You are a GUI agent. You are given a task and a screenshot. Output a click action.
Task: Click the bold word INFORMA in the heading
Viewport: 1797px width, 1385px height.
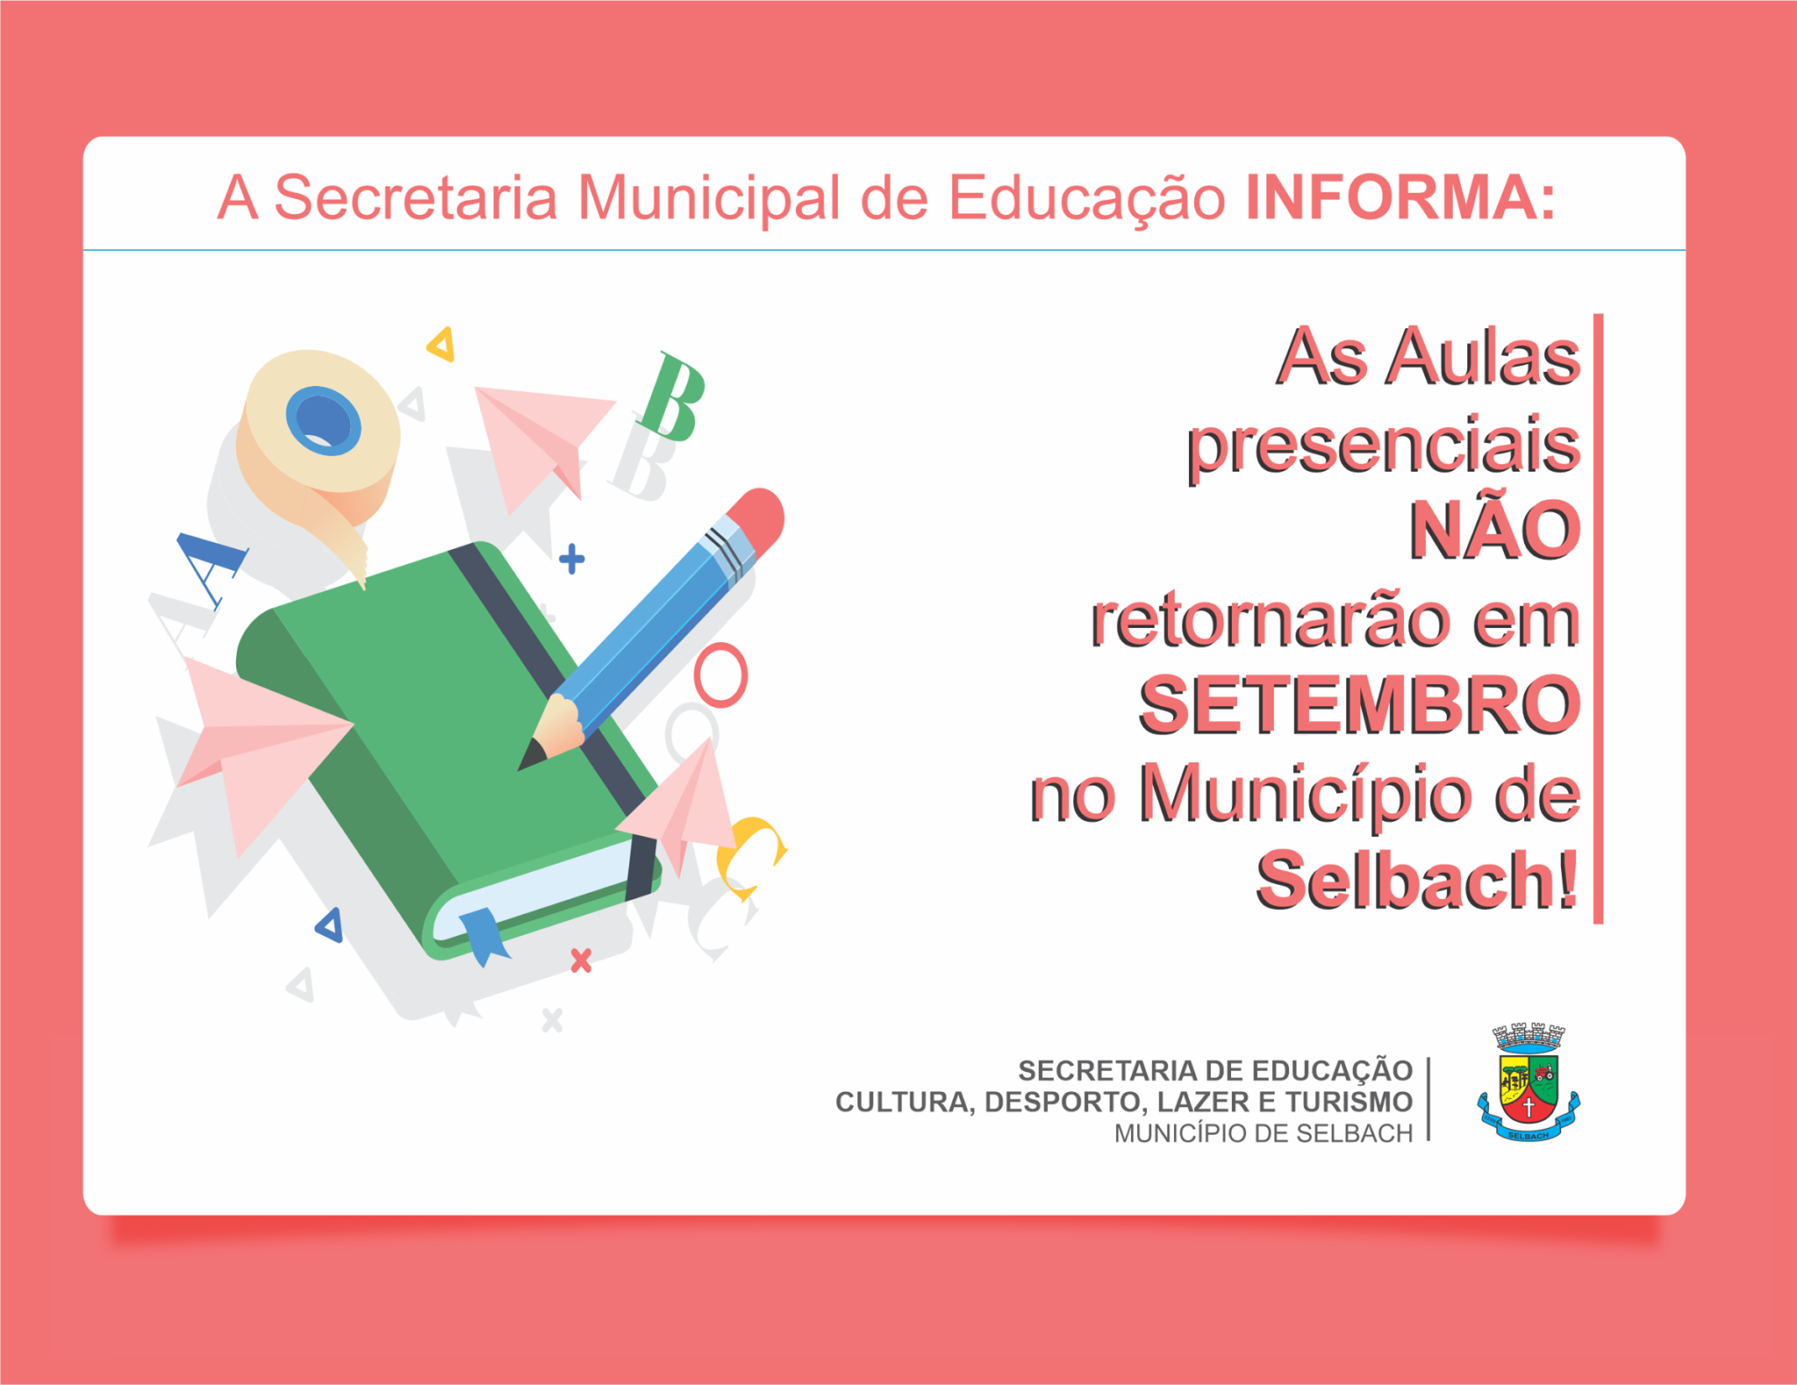click(x=1392, y=198)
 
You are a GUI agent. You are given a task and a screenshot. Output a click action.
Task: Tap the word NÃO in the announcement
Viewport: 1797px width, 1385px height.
click(x=1494, y=530)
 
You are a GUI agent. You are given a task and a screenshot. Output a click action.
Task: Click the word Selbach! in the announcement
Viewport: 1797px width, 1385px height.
click(x=1418, y=880)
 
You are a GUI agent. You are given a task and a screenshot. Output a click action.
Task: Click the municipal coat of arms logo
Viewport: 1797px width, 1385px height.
click(x=1529, y=1082)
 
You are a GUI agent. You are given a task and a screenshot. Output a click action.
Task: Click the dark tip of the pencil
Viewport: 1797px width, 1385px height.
click(x=530, y=755)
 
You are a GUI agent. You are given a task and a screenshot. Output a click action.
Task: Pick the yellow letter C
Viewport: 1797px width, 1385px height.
click(x=750, y=856)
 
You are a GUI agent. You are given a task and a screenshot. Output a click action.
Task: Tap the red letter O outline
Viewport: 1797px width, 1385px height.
click(x=720, y=675)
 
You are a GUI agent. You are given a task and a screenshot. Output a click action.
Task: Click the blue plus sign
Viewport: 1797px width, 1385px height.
click(x=572, y=559)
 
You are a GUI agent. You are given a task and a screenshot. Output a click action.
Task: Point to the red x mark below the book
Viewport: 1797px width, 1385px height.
click(x=581, y=960)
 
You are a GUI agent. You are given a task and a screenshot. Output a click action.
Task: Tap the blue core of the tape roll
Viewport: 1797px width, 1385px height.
click(x=323, y=420)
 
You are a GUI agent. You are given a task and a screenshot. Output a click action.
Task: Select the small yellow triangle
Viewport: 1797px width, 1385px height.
click(x=441, y=345)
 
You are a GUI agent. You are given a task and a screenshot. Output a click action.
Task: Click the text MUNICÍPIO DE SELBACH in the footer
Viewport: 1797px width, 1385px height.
click(x=1264, y=1133)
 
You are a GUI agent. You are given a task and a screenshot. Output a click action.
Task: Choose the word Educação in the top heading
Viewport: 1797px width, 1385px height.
click(x=1087, y=198)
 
